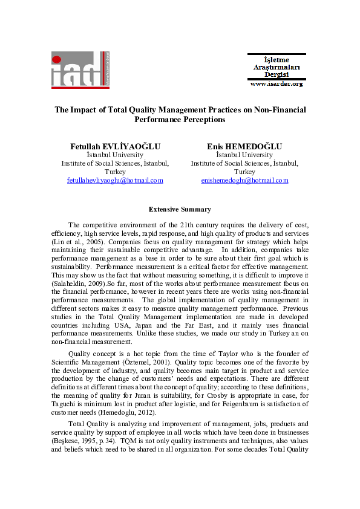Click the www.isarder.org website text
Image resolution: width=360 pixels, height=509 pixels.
coord(277,84)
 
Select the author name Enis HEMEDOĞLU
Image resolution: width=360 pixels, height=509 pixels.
coord(244,146)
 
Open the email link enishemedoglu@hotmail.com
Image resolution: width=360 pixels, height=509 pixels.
coord(244,180)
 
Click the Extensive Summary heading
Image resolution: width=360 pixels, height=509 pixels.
coord(180,209)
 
